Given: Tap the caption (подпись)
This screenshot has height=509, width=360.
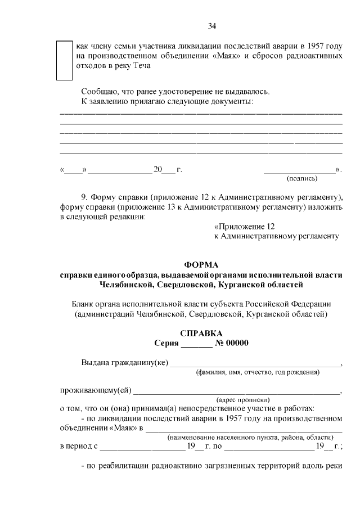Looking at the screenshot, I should click(x=302, y=179).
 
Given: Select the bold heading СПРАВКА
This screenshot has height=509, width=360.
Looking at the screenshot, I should click(x=201, y=333).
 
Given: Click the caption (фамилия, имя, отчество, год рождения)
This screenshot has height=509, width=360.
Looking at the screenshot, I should click(x=258, y=372).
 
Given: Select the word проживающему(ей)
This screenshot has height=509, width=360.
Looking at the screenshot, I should click(x=94, y=390).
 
